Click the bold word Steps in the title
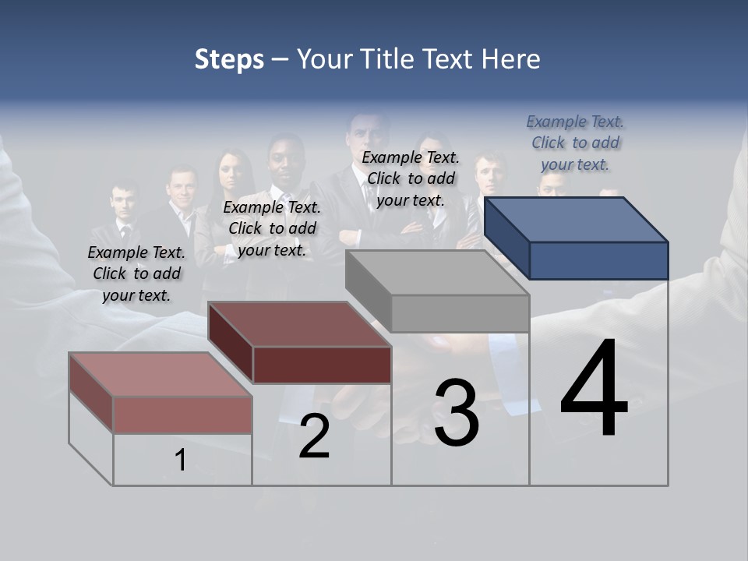(229, 59)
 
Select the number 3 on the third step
(457, 413)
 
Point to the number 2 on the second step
(314, 436)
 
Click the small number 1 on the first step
(181, 460)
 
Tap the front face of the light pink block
(182, 415)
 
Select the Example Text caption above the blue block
(575, 143)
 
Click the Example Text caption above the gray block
(411, 178)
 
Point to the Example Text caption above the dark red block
(272, 228)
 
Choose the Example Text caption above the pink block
(136, 273)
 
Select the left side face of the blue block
(506, 238)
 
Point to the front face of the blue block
(598, 260)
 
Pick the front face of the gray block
(460, 314)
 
